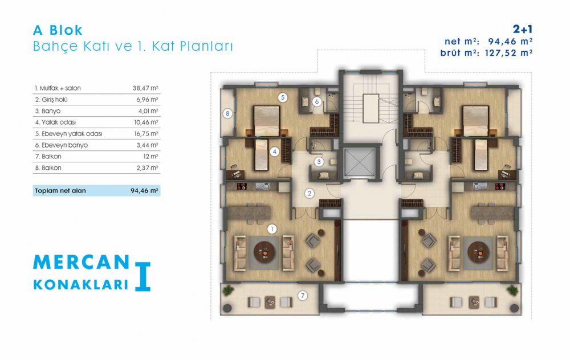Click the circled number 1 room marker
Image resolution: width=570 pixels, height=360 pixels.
(272, 229)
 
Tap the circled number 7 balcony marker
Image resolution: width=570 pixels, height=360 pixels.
(303, 296)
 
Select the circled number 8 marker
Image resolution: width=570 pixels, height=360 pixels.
(227, 114)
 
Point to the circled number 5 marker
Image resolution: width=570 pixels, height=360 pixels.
(283, 97)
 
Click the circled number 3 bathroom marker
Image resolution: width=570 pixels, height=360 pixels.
(319, 162)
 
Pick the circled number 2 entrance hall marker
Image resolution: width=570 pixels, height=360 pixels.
(310, 193)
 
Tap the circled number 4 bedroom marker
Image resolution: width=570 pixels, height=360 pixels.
(275, 152)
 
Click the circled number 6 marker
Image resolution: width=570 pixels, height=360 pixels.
(316, 102)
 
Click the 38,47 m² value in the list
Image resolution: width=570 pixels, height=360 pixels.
(145, 88)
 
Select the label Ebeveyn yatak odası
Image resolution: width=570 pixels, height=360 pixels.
(72, 134)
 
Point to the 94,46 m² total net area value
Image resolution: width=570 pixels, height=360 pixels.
(144, 191)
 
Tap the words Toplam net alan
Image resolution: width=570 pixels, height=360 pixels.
(60, 191)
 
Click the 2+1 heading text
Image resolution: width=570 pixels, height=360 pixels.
(523, 29)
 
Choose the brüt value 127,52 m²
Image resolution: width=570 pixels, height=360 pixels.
(509, 53)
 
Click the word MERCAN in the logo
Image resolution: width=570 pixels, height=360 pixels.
(82, 262)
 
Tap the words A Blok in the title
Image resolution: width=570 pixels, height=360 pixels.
(58, 30)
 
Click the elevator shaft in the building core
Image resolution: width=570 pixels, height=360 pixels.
(360, 162)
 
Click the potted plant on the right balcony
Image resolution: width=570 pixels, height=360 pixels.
(513, 291)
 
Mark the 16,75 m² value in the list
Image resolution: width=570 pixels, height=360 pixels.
(146, 134)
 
